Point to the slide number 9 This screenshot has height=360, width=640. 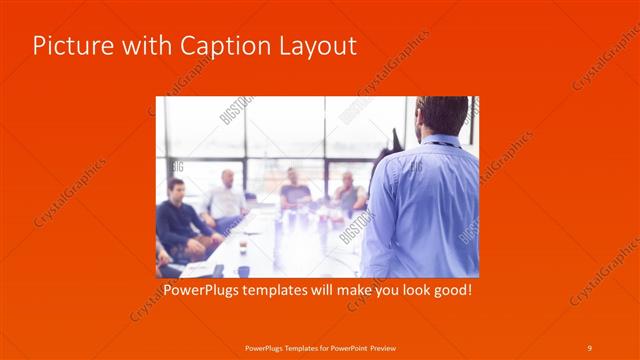pos(590,346)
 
